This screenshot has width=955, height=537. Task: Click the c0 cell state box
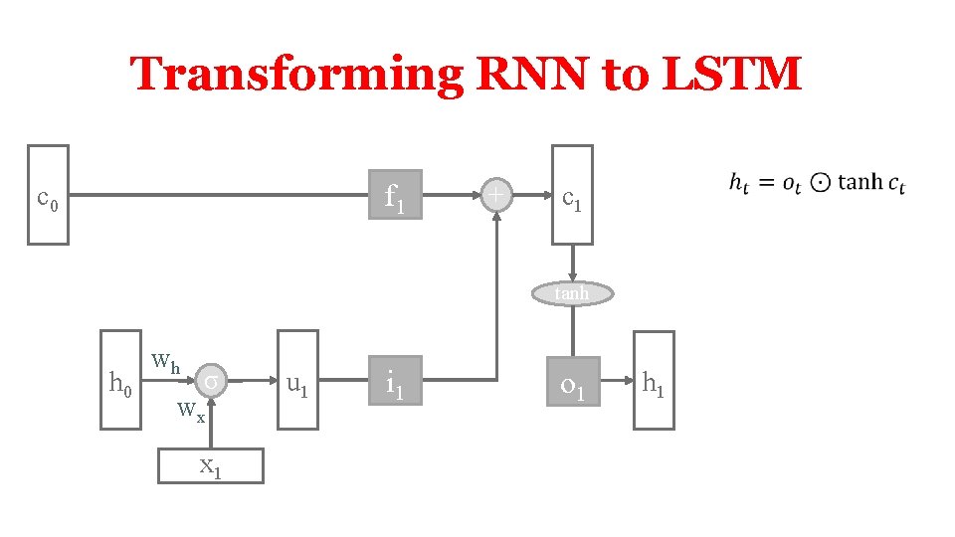pos(48,195)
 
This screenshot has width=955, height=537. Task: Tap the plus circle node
pos(495,195)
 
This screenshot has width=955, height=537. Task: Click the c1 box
pos(572,195)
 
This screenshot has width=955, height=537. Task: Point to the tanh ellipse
pos(572,292)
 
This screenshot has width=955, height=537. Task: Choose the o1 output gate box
pos(572,381)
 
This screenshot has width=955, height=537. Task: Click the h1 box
pos(654,381)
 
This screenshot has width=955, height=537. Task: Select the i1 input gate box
pos(395,381)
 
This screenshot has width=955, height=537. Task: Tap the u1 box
pos(297,381)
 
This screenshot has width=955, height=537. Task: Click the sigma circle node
pos(212,380)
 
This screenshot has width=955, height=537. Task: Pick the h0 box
pos(120,381)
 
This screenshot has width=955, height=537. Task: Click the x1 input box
pos(211,464)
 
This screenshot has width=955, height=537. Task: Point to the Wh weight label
pos(165,362)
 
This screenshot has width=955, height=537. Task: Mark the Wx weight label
pos(191,411)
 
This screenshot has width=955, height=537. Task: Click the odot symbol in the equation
pos(820,183)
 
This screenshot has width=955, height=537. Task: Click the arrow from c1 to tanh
pos(572,263)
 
